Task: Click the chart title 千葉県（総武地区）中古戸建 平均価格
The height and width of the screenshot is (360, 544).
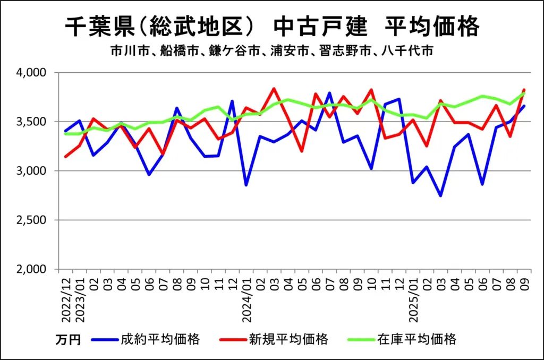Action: click(271, 26)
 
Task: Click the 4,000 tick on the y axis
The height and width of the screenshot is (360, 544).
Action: click(33, 72)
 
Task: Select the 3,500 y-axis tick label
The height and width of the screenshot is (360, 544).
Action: click(33, 122)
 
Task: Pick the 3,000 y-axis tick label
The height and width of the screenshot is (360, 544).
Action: click(33, 171)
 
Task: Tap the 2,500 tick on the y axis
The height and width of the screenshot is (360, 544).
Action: click(33, 220)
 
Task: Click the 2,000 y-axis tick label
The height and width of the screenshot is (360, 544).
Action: click(33, 269)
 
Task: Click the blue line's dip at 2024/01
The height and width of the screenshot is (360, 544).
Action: click(246, 185)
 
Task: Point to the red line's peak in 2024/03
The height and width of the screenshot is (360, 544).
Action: click(274, 89)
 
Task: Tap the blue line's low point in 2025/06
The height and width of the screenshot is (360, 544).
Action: click(482, 184)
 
